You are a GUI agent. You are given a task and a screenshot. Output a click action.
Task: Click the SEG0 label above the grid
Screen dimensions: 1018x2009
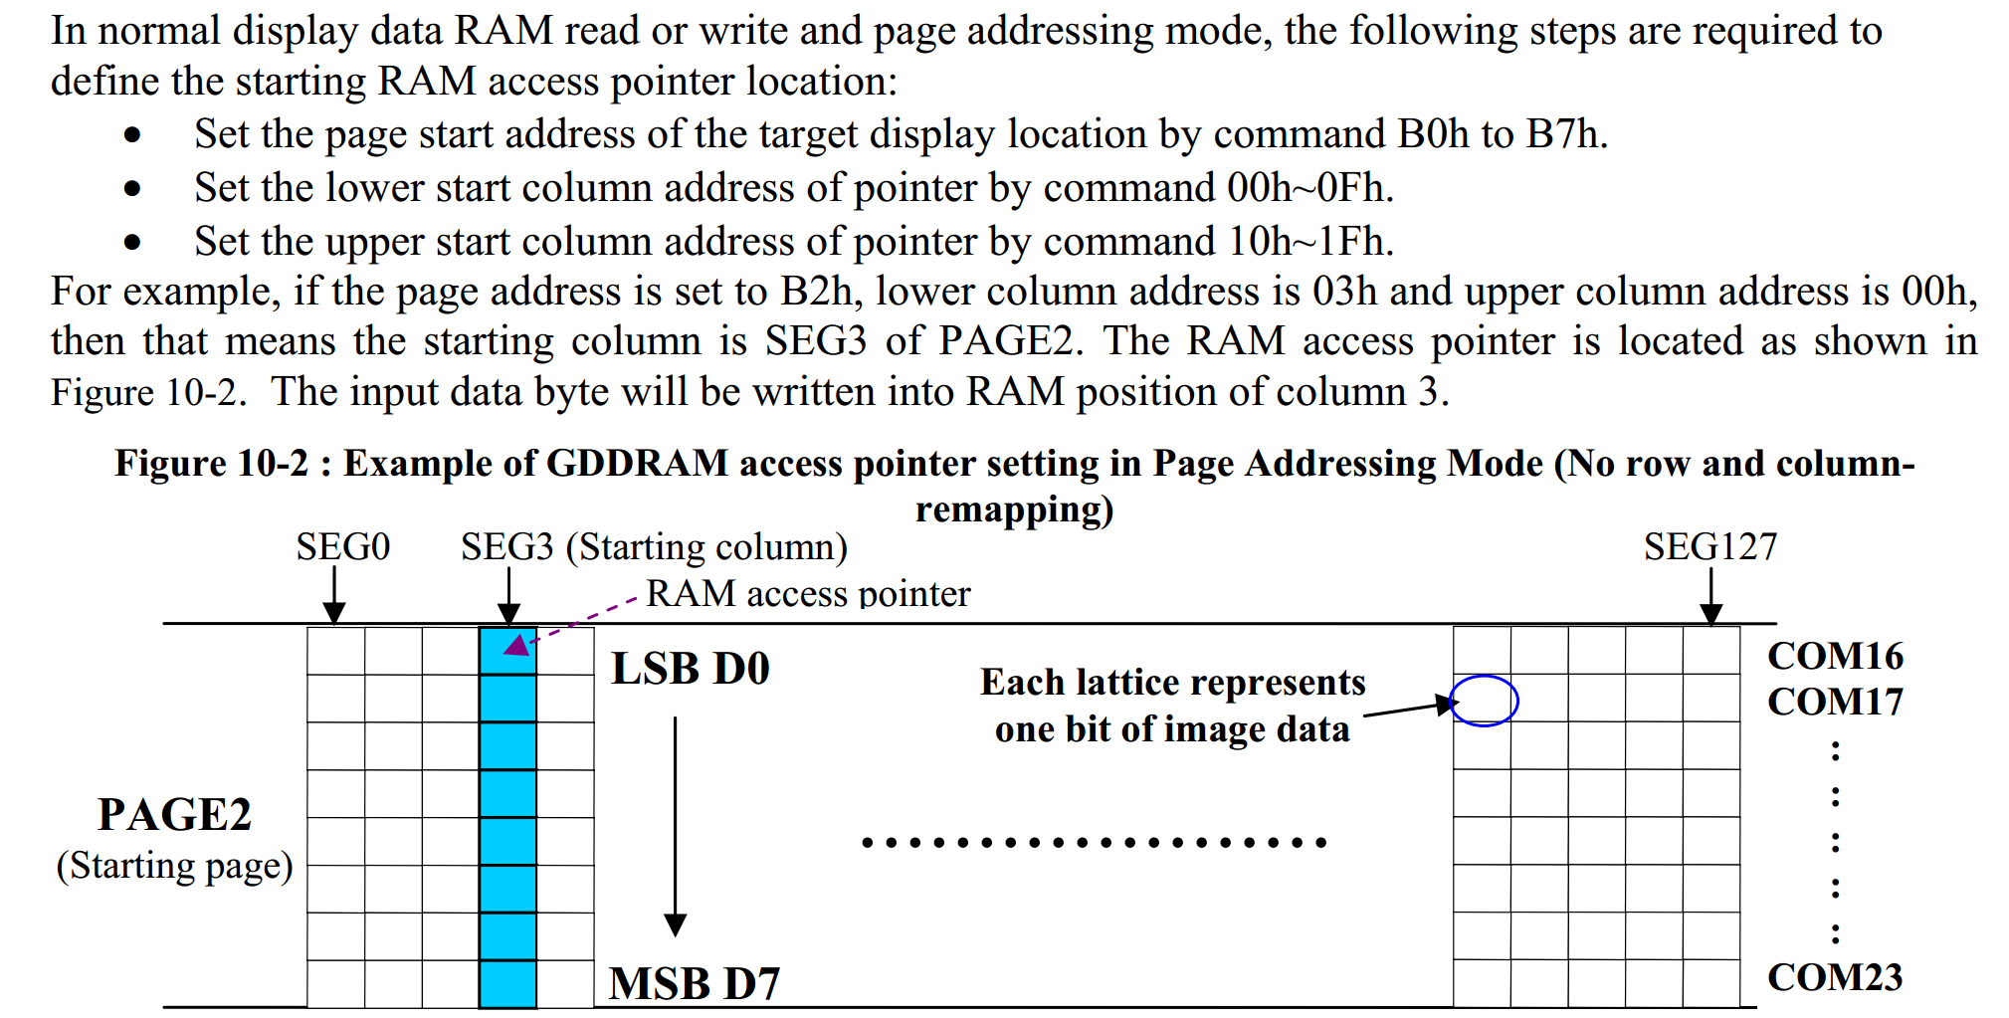click(342, 546)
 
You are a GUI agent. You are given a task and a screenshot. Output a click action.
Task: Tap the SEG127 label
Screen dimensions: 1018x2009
click(1709, 546)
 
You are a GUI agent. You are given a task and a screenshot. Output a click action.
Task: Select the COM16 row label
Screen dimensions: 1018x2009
click(1835, 656)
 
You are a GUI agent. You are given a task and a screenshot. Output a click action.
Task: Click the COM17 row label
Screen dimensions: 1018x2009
click(1835, 702)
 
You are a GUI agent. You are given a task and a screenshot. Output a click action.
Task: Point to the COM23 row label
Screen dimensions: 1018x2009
click(1835, 977)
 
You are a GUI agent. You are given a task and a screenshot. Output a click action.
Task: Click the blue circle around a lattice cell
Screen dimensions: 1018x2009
click(1484, 701)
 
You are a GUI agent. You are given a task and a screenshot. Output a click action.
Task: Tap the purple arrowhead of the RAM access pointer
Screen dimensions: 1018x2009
click(516, 645)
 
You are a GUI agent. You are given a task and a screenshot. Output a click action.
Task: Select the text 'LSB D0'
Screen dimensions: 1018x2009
click(691, 669)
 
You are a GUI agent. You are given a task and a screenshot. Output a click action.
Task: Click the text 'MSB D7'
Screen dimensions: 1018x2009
click(695, 983)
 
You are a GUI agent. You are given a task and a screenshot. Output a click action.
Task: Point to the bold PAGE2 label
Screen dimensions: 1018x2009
click(174, 814)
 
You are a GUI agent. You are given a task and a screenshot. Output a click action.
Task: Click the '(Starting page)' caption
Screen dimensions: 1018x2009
click(174, 866)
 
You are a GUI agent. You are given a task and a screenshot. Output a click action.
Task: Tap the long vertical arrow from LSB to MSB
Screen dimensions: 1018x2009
click(675, 826)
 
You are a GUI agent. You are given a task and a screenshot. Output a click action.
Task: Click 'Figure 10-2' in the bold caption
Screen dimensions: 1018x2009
click(211, 464)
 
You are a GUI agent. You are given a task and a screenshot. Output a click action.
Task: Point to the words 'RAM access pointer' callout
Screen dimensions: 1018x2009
click(808, 593)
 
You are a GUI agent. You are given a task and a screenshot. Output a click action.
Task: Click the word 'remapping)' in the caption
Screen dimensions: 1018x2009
click(1014, 509)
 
